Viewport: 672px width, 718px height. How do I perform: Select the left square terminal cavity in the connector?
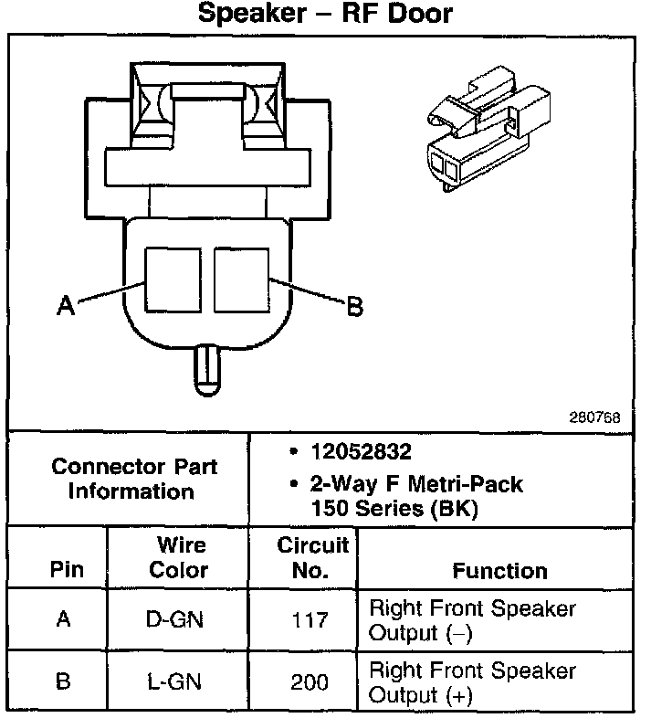(x=173, y=277)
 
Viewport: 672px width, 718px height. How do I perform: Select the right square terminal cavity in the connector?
(x=240, y=277)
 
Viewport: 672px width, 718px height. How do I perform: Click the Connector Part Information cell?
(x=133, y=479)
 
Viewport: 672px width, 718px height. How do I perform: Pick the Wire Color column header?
(x=181, y=558)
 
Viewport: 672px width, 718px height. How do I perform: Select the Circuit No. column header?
(x=312, y=558)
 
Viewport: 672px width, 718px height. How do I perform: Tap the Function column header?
(x=499, y=571)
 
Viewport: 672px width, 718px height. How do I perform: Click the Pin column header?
(x=66, y=571)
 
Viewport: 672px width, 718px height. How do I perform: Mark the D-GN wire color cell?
(x=176, y=620)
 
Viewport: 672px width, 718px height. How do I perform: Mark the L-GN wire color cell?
(x=176, y=682)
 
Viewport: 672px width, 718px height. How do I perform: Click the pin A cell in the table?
(x=63, y=620)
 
